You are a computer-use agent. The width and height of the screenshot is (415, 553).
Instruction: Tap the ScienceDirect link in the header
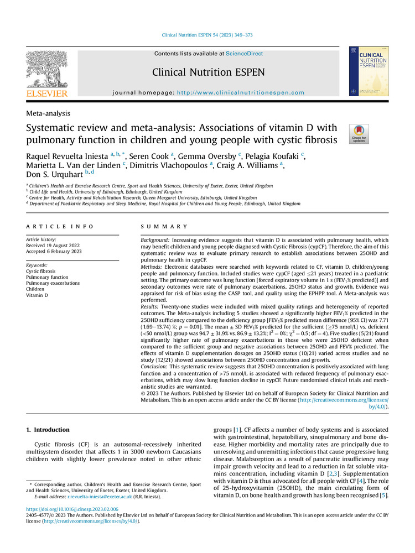(x=244, y=54)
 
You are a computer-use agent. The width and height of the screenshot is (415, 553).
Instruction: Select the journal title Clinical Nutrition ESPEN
(x=208, y=72)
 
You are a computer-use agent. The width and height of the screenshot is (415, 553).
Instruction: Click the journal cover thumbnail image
(x=369, y=71)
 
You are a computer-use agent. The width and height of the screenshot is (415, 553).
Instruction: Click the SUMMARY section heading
(x=165, y=227)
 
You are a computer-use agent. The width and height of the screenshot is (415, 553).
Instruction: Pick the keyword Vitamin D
(x=38, y=295)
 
